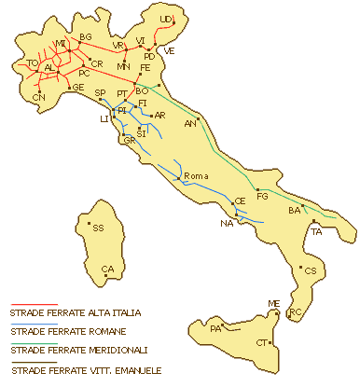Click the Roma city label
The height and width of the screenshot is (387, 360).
(195, 176)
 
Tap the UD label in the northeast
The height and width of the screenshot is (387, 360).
(165, 19)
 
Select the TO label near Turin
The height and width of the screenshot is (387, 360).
(33, 63)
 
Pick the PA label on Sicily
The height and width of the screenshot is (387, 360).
(215, 328)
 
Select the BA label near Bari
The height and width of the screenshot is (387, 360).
(295, 211)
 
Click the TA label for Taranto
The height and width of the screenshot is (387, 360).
(317, 230)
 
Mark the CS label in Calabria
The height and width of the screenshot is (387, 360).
(311, 270)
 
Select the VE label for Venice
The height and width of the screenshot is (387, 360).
(169, 50)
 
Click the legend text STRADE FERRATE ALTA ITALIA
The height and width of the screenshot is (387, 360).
(76, 313)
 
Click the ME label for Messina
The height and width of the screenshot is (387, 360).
(273, 304)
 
